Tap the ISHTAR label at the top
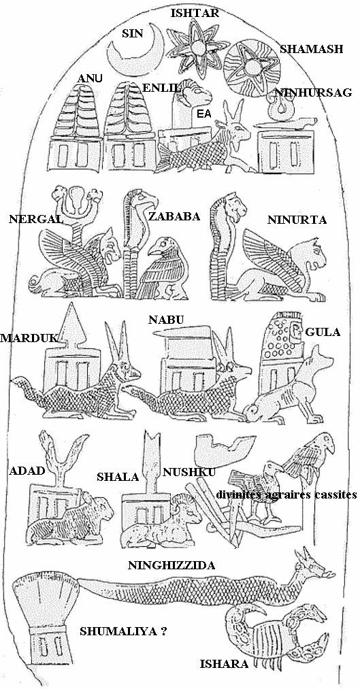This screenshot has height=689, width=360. (x=194, y=13)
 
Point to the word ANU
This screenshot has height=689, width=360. (x=90, y=79)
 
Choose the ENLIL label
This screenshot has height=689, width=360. (x=161, y=88)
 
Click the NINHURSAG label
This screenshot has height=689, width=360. (x=313, y=93)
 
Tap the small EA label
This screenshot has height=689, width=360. (x=203, y=114)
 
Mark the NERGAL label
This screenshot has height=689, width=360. (x=36, y=219)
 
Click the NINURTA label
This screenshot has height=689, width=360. (x=297, y=220)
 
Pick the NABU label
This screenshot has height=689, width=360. (x=166, y=320)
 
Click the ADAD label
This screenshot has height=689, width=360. (x=27, y=471)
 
